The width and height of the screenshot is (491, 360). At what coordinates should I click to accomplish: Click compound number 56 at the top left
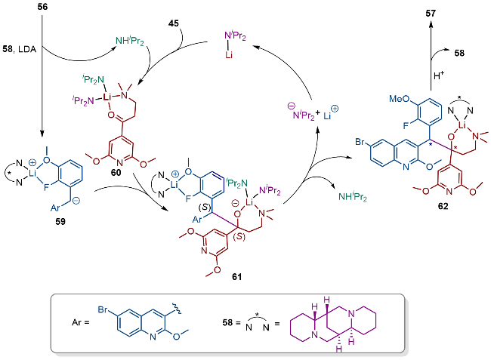42,7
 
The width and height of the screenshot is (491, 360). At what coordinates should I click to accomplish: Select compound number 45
173,23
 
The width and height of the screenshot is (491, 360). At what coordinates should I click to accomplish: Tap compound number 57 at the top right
431,13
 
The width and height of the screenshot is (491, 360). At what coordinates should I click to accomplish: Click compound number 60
116,172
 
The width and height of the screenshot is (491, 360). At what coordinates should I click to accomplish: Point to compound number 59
60,221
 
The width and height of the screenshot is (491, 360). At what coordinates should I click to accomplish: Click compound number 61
236,276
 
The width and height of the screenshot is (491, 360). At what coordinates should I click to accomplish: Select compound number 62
443,206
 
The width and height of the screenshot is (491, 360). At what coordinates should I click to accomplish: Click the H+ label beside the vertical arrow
439,75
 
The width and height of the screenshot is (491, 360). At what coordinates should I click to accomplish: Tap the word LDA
27,49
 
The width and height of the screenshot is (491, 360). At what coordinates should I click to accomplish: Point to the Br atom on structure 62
360,142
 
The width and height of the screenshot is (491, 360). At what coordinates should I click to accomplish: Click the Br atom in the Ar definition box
103,309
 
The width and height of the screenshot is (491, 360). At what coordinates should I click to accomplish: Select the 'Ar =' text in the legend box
81,322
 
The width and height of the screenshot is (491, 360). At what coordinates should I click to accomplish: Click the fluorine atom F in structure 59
46,188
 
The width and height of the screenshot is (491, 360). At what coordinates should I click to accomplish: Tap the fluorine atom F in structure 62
406,126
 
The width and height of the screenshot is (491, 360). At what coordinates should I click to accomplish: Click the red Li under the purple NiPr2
229,55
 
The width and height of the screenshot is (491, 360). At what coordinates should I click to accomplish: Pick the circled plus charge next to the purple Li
335,109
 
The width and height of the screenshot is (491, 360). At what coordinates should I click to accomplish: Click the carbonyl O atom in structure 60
111,115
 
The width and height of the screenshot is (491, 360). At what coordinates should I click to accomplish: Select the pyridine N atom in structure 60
120,163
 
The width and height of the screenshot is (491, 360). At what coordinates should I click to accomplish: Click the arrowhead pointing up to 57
431,24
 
